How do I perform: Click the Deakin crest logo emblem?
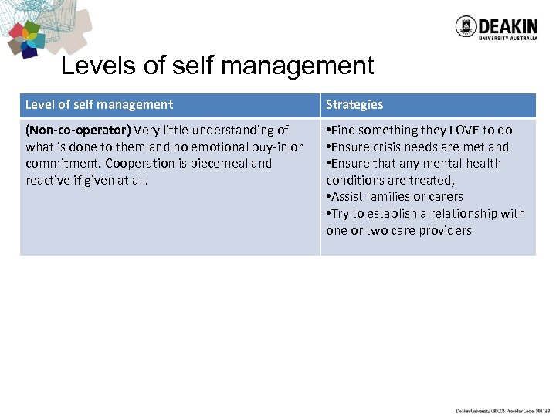point(466,27)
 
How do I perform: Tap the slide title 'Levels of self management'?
point(217,66)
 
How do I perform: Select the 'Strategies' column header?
point(354,104)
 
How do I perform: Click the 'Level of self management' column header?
point(99,104)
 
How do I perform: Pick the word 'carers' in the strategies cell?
point(445,196)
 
